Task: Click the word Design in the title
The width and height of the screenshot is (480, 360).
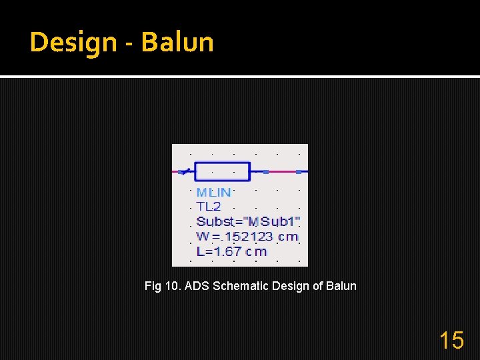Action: click(x=73, y=43)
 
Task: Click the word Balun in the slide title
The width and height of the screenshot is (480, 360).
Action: click(x=177, y=43)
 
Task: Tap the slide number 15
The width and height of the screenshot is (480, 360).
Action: click(x=451, y=341)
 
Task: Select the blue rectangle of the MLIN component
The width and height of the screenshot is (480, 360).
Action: click(x=223, y=171)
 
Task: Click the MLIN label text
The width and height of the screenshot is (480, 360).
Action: click(x=213, y=192)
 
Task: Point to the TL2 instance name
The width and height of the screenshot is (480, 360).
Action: click(x=208, y=207)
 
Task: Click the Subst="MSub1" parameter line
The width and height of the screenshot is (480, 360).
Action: click(x=248, y=221)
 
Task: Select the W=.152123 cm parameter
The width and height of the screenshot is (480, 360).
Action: click(x=247, y=236)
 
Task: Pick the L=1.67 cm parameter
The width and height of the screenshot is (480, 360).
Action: click(x=231, y=251)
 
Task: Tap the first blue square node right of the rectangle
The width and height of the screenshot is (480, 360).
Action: click(x=266, y=171)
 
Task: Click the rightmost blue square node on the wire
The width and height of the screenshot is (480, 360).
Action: click(x=298, y=171)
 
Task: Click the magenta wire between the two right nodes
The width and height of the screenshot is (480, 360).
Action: click(x=282, y=171)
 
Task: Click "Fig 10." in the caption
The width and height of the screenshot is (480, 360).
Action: click(x=163, y=286)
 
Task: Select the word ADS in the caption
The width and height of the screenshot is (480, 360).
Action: click(x=196, y=286)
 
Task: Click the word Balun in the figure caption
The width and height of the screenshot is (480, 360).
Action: click(x=341, y=286)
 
